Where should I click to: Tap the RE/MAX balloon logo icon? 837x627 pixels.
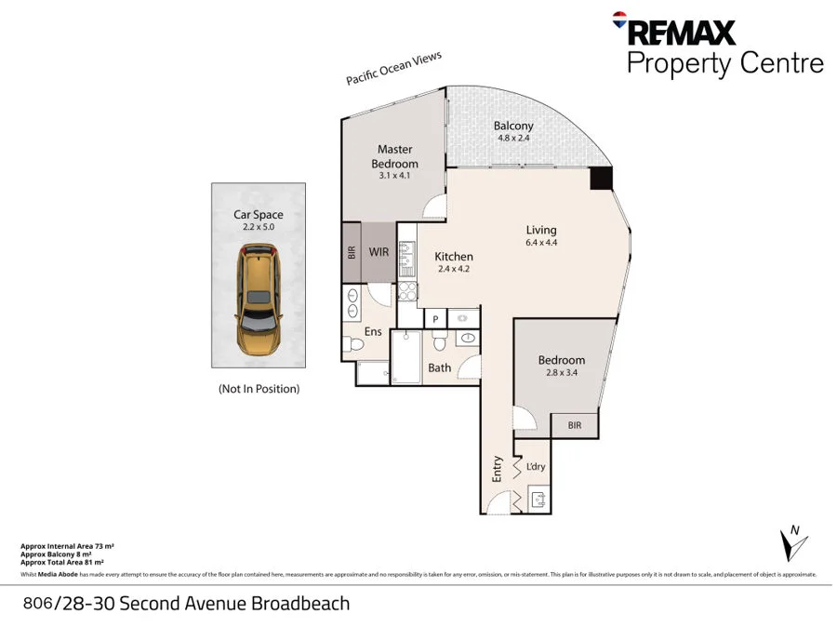(x=618, y=19)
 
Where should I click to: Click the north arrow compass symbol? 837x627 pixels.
(x=790, y=542)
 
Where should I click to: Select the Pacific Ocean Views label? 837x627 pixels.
(x=393, y=69)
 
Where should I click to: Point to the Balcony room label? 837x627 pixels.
(x=513, y=126)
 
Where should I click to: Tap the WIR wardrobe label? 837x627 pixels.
(x=379, y=251)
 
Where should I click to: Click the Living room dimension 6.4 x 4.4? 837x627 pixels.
(x=540, y=243)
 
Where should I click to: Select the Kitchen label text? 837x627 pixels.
(x=455, y=257)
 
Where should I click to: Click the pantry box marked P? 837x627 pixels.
(x=436, y=318)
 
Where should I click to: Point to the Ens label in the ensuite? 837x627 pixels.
(x=373, y=331)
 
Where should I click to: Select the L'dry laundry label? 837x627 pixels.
(x=536, y=467)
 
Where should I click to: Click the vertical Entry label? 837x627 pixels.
(x=498, y=467)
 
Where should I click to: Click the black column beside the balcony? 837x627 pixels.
(x=602, y=180)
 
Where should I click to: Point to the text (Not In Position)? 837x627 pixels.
(x=259, y=388)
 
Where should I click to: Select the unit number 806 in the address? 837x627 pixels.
(x=36, y=604)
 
